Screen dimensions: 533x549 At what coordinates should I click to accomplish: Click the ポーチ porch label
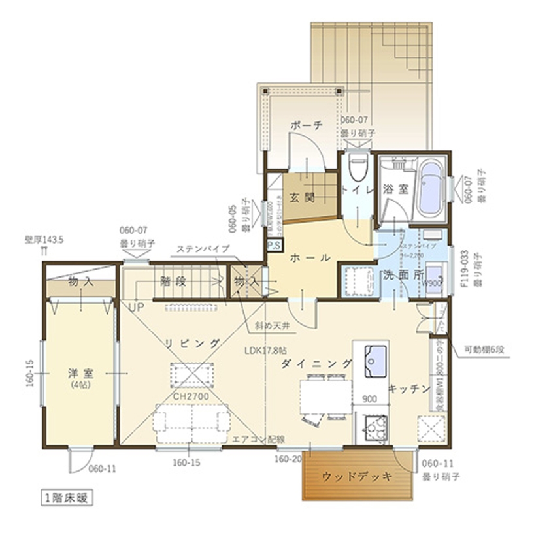click(305, 126)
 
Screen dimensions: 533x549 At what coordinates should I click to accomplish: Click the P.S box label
click(274, 246)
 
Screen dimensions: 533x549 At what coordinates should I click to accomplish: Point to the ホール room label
click(309, 258)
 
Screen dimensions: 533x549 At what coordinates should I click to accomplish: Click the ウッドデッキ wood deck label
click(357, 477)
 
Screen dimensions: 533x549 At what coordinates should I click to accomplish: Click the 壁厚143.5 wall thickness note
click(44, 240)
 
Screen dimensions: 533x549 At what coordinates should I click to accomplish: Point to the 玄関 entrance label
click(304, 197)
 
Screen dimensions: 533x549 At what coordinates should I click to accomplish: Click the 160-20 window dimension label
click(288, 459)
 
